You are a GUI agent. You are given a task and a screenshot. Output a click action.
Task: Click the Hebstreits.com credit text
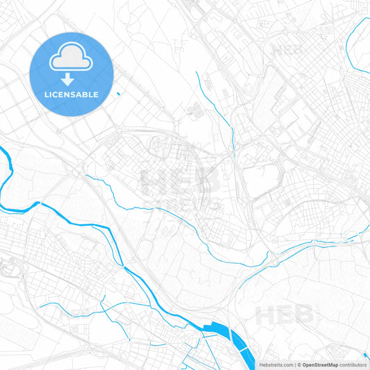pyautogui.click(x=274, y=364)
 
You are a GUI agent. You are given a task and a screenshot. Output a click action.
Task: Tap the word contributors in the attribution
pyautogui.click(x=353, y=364)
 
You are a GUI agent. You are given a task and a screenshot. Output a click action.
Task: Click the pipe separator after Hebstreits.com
pyautogui.click(x=294, y=364)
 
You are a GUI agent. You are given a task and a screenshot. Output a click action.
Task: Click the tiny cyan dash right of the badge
pyautogui.click(x=119, y=94)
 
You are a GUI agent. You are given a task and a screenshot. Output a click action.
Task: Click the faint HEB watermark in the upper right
pyautogui.click(x=286, y=50)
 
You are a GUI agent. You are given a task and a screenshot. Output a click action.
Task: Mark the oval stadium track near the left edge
pyautogui.click(x=10, y=265)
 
